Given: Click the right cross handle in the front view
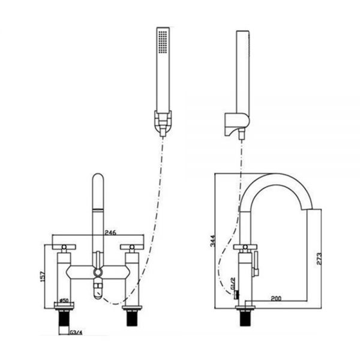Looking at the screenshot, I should [x=133, y=247].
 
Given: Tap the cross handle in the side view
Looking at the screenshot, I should [x=244, y=247].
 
